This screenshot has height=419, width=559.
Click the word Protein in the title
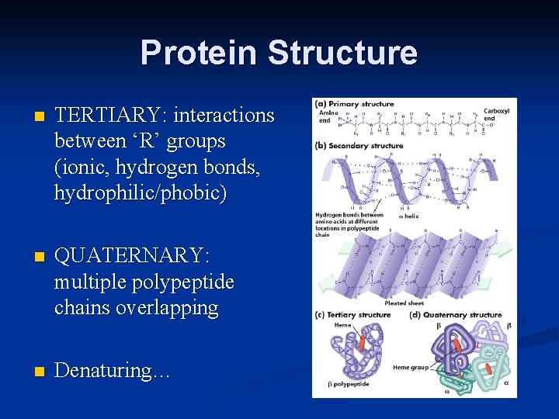(200, 53)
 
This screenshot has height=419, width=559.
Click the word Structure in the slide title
(342, 53)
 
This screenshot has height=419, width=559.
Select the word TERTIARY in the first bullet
(111, 116)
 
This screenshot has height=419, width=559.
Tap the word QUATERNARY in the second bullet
(132, 255)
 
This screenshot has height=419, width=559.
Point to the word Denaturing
(112, 370)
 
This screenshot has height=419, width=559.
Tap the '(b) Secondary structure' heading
(359, 145)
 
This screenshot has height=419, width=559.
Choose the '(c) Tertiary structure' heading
(352, 315)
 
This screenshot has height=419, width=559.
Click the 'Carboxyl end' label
(496, 115)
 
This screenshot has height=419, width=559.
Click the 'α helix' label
(408, 216)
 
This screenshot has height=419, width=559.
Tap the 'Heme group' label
(411, 367)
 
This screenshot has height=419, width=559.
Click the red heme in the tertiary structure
(361, 342)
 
